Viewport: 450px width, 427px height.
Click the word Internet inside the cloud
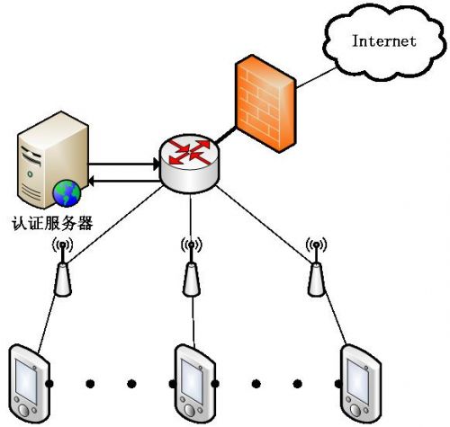(x=384, y=41)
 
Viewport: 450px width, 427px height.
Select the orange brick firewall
(x=265, y=103)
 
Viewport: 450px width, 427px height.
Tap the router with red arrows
(x=189, y=164)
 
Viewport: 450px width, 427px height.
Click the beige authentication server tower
(x=53, y=159)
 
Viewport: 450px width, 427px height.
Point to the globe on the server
(x=67, y=193)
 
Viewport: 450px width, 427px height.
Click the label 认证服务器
(x=52, y=223)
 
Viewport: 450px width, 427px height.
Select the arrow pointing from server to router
(x=124, y=165)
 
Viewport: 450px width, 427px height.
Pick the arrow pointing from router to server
(x=124, y=181)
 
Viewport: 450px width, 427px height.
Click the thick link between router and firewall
(x=225, y=135)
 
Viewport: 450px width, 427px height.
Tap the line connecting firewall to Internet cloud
(x=316, y=77)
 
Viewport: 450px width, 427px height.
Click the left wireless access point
(x=62, y=266)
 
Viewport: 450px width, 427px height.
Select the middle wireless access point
(x=192, y=266)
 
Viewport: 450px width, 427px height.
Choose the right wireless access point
(x=316, y=266)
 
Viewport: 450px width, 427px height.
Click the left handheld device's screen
(x=26, y=380)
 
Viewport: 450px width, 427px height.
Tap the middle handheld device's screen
(x=193, y=380)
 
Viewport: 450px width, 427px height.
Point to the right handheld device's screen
(x=358, y=380)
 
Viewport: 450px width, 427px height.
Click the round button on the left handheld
(x=23, y=410)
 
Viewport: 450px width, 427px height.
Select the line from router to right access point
(x=265, y=224)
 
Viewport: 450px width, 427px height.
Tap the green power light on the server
(x=30, y=173)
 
